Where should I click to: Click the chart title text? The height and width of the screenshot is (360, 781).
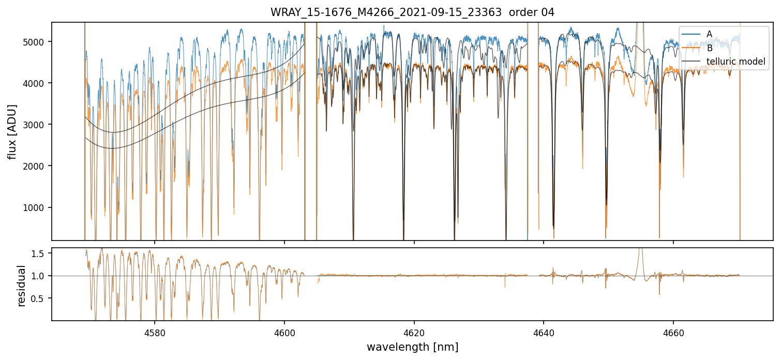[x=412, y=12]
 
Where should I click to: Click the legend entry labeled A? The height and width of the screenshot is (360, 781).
[x=709, y=34]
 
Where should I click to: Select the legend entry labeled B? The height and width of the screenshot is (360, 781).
[x=709, y=48]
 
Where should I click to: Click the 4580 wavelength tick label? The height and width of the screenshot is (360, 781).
[x=155, y=332]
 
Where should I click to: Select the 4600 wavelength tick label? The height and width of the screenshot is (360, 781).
[x=284, y=332]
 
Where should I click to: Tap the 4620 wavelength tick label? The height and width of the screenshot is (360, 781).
[x=414, y=332]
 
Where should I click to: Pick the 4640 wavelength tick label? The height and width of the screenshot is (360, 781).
[x=544, y=332]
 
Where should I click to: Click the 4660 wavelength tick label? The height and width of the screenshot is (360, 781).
[x=673, y=332]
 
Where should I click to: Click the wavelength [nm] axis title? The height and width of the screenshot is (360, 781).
[x=412, y=347]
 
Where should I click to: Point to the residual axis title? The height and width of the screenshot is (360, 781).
[x=21, y=286]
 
